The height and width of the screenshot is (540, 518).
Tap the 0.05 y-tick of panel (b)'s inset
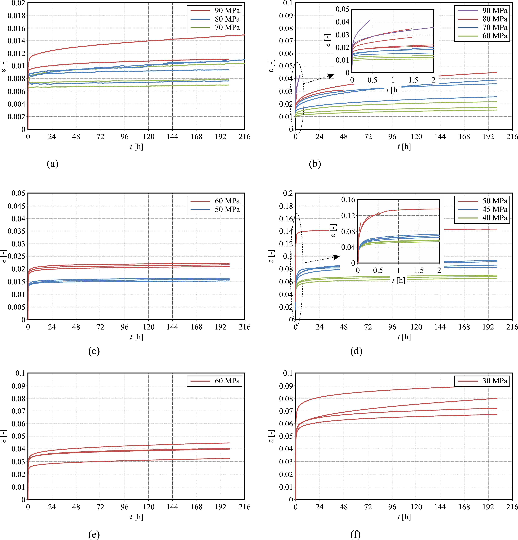[x=342, y=9]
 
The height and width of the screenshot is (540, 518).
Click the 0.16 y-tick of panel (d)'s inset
[x=348, y=200]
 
